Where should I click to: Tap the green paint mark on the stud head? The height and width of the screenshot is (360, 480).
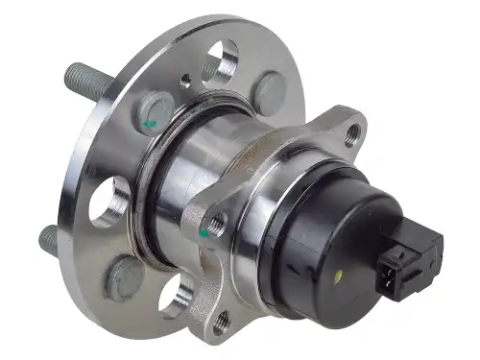[x=149, y=123]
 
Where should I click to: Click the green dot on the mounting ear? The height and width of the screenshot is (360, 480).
[x=204, y=231]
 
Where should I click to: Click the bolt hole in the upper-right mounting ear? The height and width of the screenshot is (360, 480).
[x=354, y=133]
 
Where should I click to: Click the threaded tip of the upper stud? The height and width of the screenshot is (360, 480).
[x=72, y=73]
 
